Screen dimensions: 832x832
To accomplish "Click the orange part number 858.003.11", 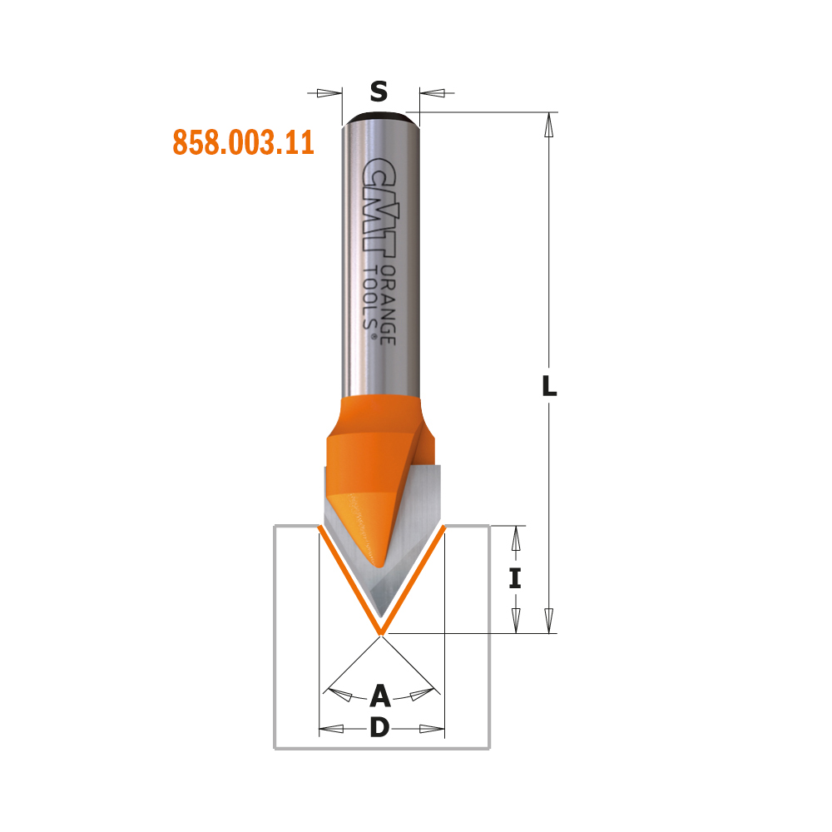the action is tap(244, 142).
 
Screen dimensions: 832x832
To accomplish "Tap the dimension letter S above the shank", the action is tap(379, 92).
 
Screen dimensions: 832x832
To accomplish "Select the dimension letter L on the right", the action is tap(549, 386).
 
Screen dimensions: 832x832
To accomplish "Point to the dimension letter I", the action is tap(515, 578).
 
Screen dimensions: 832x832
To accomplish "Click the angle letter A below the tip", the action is tap(380, 696).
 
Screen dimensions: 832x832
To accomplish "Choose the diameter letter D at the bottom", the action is tap(380, 727).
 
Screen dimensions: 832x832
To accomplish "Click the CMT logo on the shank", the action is tap(379, 207).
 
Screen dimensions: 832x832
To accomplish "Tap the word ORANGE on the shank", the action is tap(389, 305).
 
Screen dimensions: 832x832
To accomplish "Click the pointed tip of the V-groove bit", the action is tap(380, 632).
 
